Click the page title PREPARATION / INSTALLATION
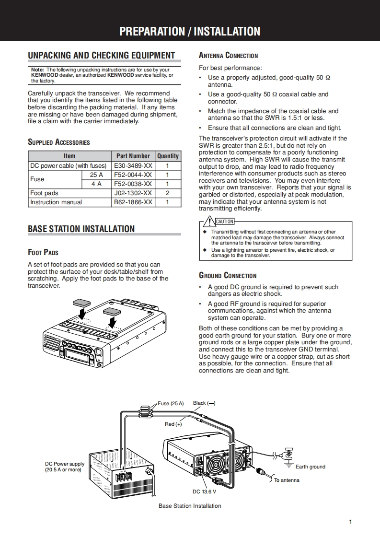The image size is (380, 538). tap(190, 32)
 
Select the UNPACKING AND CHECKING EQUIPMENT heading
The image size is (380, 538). tap(102, 55)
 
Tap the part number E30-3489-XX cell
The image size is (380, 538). tap(133, 165)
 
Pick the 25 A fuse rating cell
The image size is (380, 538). tap(96, 175)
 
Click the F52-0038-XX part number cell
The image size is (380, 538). tap(133, 184)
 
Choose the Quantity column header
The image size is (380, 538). tap(168, 156)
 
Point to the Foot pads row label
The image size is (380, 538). tap(44, 193)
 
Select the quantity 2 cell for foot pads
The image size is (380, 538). tap(168, 193)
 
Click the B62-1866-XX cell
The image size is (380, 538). tap(133, 202)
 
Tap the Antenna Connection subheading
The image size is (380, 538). tap(228, 56)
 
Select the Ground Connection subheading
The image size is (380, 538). tap(228, 276)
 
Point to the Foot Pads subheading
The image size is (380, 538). tap(43, 252)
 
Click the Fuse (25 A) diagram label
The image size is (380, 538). tap(171, 403)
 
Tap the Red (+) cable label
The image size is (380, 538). tap(173, 424)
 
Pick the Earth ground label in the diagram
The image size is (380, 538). tap(310, 467)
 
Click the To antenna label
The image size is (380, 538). tap(287, 480)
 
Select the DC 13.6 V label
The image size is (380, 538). tap(205, 491)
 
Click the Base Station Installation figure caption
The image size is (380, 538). tap(190, 506)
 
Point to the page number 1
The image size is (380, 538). tap(351, 522)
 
